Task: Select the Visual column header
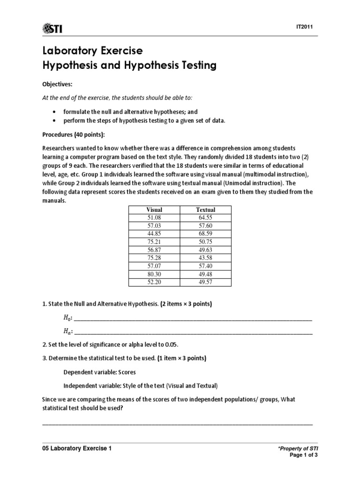[x=154, y=210]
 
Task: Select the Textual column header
[x=205, y=210]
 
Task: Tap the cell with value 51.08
[x=154, y=217]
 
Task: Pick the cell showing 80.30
[x=154, y=273]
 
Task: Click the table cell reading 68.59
[x=205, y=233]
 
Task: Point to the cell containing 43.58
[x=205, y=257]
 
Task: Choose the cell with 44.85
[x=154, y=233]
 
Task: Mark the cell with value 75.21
[x=154, y=241]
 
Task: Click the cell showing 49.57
[x=205, y=281]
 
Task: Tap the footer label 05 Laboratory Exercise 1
[x=77, y=448]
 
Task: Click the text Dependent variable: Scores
[x=100, y=372]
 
